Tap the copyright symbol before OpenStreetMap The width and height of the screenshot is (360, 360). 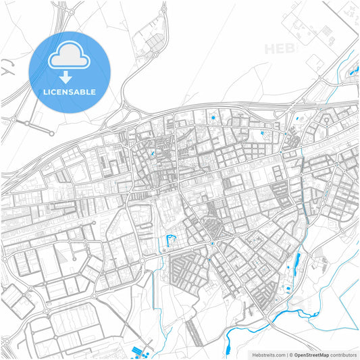[290, 354]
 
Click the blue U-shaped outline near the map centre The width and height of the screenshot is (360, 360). [170, 239]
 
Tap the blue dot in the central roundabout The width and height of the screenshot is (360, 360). [211, 243]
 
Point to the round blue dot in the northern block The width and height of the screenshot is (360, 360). [214, 120]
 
